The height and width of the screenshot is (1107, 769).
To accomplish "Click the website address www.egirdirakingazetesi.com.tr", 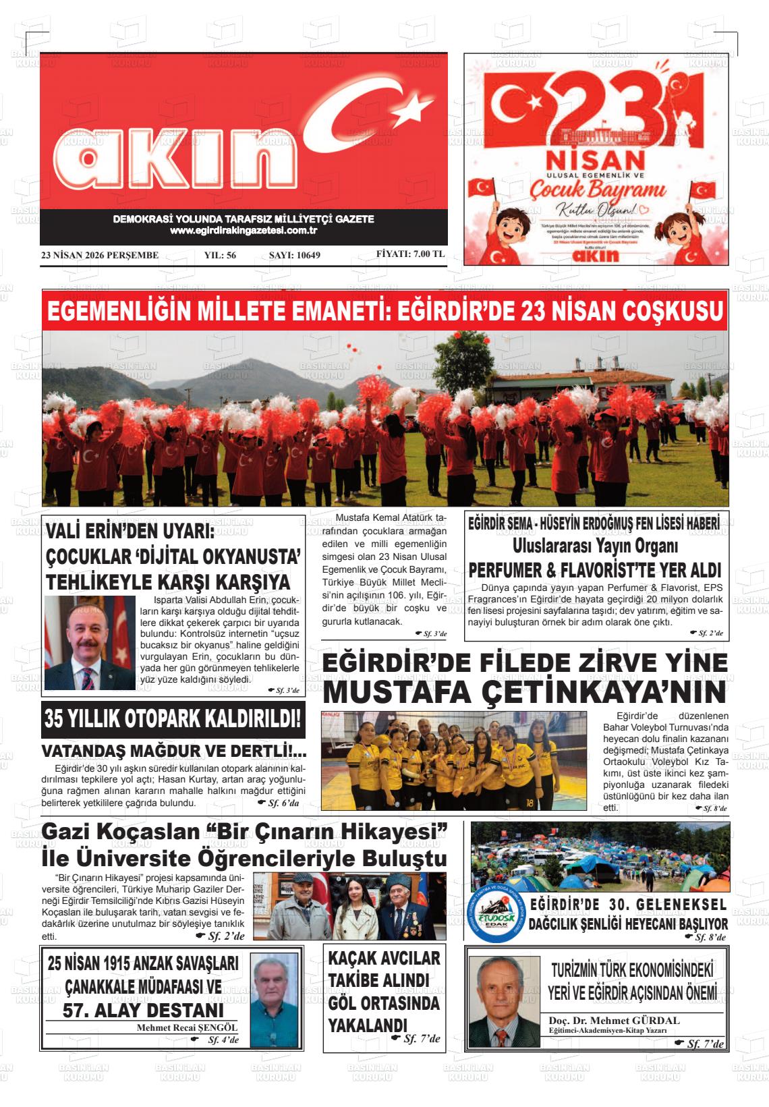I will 244,231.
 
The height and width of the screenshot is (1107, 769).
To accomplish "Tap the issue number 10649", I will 294,255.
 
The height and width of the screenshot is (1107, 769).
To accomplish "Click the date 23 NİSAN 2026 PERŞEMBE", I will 100,255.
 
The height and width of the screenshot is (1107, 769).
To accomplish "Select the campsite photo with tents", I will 599,857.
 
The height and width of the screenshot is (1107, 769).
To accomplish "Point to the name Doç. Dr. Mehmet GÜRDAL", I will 614,1021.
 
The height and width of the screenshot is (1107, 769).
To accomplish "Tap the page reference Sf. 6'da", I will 283,803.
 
